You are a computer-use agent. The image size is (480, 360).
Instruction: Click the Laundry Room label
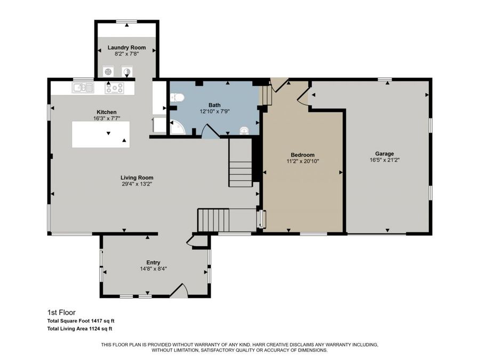[126, 47]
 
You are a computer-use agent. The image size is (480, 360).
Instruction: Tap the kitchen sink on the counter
[83, 87]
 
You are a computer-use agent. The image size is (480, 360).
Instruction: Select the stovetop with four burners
[114, 88]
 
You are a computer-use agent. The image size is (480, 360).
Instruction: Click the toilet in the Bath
[177, 98]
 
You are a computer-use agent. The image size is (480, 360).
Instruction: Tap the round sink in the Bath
[244, 130]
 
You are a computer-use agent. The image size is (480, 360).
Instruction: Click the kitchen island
[101, 134]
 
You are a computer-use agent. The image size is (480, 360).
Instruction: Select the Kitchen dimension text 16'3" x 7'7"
[103, 118]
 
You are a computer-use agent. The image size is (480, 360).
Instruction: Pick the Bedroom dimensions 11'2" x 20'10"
[302, 161]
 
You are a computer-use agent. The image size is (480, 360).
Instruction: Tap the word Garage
[384, 154]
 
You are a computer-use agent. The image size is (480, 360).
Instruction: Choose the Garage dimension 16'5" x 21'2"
[384, 159]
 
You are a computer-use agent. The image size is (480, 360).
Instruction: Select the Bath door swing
[210, 131]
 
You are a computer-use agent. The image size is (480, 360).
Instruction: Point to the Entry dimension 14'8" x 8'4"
[153, 269]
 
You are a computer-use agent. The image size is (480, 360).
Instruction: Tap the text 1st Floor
[62, 313]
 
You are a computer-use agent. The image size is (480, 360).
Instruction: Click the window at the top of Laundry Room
[126, 22]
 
